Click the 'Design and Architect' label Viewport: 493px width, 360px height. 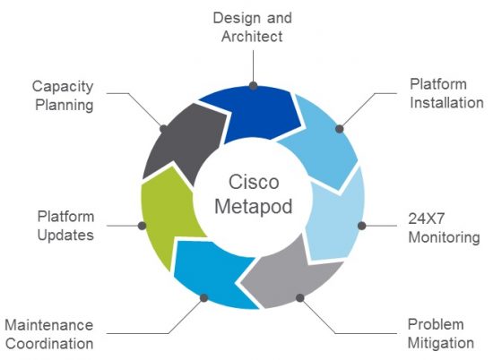point(253,26)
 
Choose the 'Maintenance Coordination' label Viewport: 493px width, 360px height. point(48,333)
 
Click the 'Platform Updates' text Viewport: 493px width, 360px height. point(65,226)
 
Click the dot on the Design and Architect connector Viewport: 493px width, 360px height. point(254,86)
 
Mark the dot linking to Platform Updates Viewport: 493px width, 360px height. point(143,226)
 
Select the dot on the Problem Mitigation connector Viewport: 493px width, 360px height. point(299,297)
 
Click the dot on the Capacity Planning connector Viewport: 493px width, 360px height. point(163,129)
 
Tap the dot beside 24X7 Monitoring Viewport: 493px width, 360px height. point(362,226)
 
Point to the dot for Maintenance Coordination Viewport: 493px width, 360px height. point(204,297)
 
